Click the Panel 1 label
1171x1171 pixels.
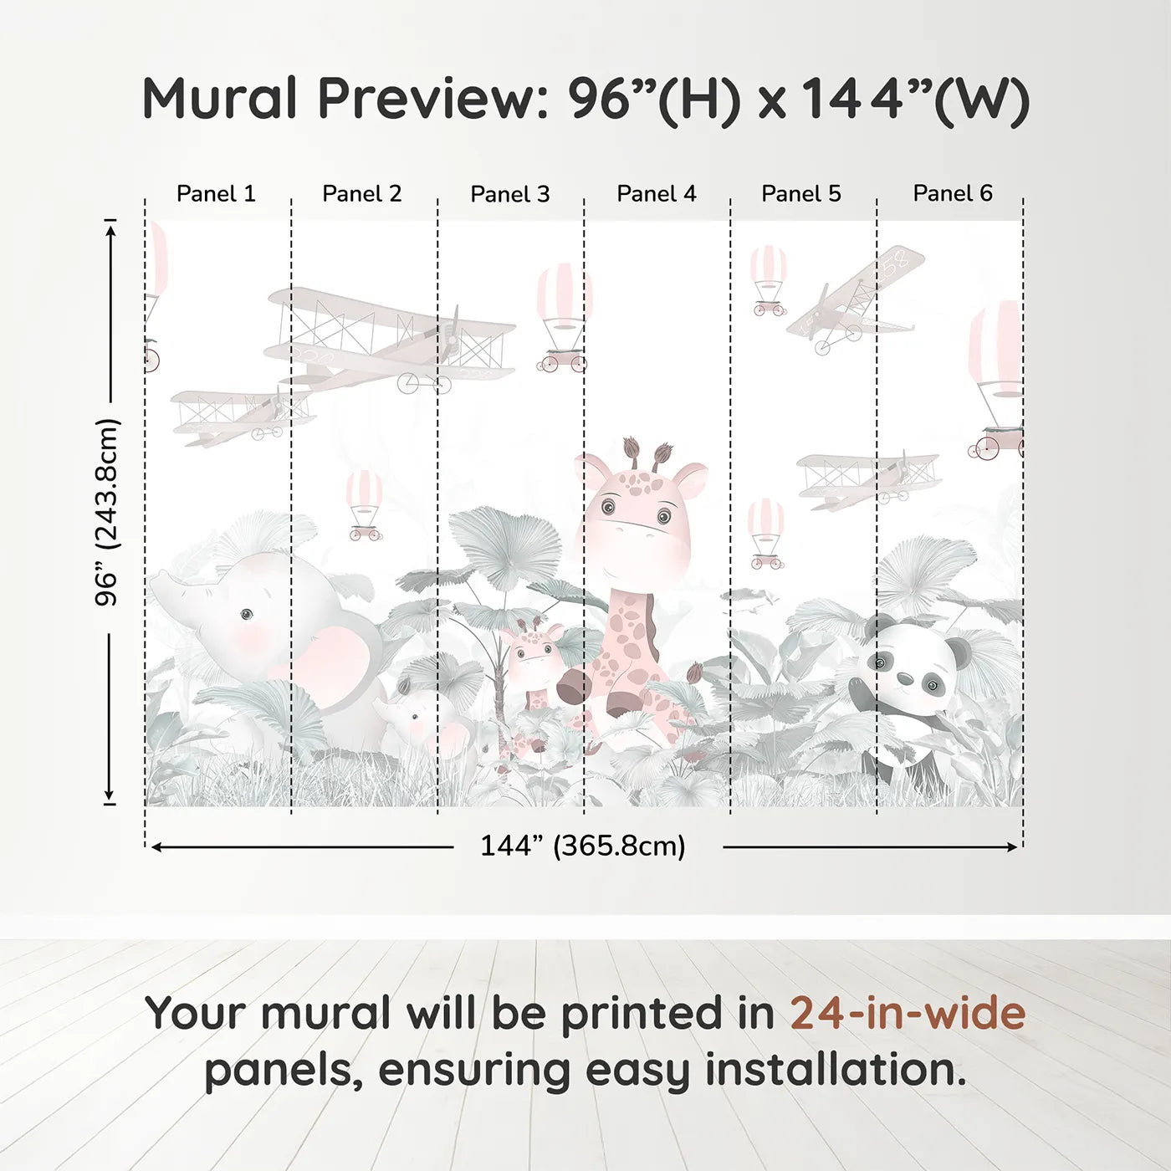click(x=216, y=194)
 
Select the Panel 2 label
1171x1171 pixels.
click(x=361, y=194)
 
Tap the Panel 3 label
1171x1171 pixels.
click(x=510, y=194)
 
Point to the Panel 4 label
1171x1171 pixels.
click(x=657, y=194)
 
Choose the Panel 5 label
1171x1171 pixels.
click(x=801, y=194)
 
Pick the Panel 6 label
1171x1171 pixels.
click(x=952, y=193)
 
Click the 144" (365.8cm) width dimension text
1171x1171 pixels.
click(x=583, y=846)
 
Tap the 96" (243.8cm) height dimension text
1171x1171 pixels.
click(x=108, y=512)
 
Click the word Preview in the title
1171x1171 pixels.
click(x=433, y=99)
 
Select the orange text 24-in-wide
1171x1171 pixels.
click(x=908, y=1014)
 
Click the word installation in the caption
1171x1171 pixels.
click(x=836, y=1070)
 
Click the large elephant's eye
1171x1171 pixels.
click(x=246, y=615)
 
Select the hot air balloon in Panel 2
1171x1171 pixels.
click(x=365, y=505)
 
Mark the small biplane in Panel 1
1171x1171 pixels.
click(x=242, y=415)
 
